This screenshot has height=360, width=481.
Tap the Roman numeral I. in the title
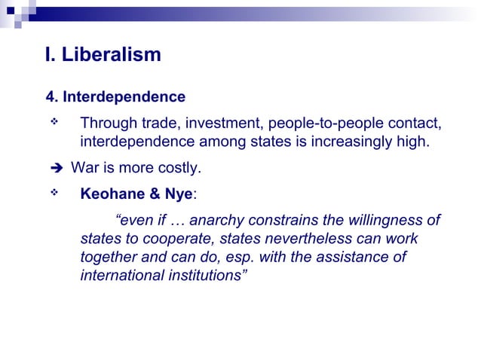point(51,55)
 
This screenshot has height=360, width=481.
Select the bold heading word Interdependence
point(124,97)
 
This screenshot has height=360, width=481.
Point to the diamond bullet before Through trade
point(54,121)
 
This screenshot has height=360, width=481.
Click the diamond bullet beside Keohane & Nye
point(54,191)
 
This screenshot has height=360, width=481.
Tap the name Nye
point(178,193)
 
